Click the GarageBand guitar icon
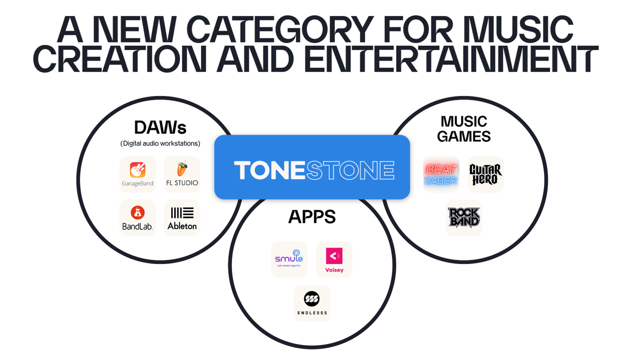[137, 170]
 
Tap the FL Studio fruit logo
[182, 168]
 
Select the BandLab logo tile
[137, 218]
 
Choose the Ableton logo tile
[182, 218]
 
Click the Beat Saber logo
[441, 175]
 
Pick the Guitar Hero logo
[485, 175]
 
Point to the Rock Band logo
[464, 217]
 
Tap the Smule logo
[289, 258]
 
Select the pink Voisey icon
[334, 256]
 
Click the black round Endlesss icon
[312, 299]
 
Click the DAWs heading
[160, 128]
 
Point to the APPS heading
[312, 216]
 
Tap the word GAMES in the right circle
[464, 136]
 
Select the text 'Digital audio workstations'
[160, 144]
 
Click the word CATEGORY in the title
[280, 29]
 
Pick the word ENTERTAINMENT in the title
[451, 59]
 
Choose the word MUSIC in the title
[518, 29]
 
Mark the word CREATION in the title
[120, 59]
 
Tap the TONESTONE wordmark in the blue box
[314, 170]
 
